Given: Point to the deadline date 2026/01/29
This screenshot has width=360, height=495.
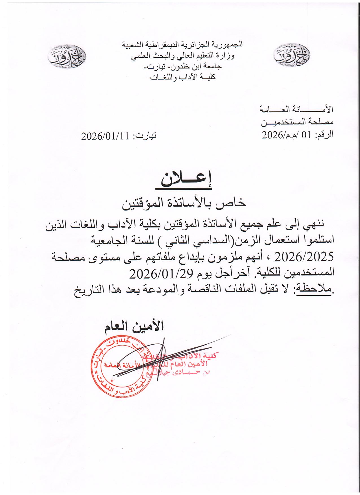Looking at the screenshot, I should [161, 273].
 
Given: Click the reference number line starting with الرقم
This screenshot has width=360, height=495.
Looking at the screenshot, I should [298, 135].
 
